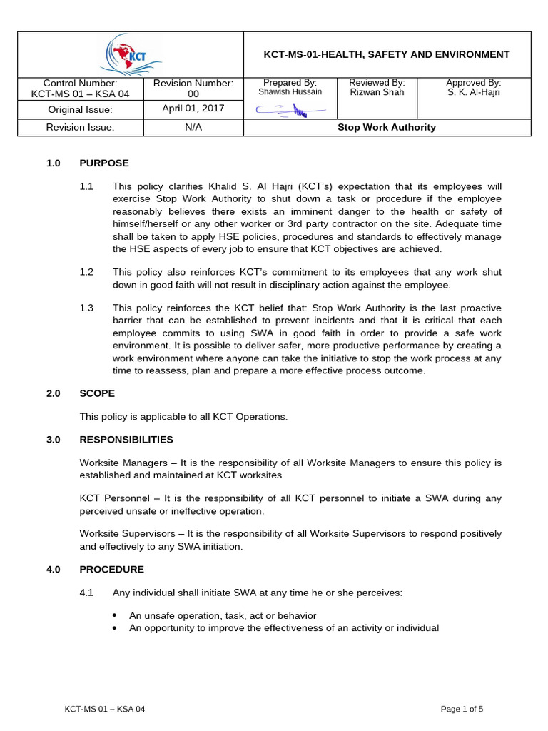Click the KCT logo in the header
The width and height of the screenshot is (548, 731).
131,56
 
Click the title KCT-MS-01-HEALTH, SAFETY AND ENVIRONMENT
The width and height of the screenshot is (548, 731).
387,54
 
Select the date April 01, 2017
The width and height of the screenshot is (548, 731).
193,109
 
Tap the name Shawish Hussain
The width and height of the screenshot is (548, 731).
290,92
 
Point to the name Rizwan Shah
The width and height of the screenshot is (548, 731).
377,92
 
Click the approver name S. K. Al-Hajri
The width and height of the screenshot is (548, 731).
473,92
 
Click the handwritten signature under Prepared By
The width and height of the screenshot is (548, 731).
290,109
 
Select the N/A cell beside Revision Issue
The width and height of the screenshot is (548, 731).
193,128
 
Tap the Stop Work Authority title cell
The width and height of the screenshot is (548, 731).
387,128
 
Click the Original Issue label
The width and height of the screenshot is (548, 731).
80,110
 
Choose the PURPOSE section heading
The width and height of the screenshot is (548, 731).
104,163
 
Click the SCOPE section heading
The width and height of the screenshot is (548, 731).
97,393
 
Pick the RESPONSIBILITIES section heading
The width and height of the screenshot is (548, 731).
126,440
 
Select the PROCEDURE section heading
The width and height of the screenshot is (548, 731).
111,570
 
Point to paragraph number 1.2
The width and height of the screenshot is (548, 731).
86,272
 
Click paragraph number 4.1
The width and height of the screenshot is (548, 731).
86,593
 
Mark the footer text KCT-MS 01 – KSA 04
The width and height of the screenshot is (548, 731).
105,709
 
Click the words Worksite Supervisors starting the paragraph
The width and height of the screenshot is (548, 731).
119,533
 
